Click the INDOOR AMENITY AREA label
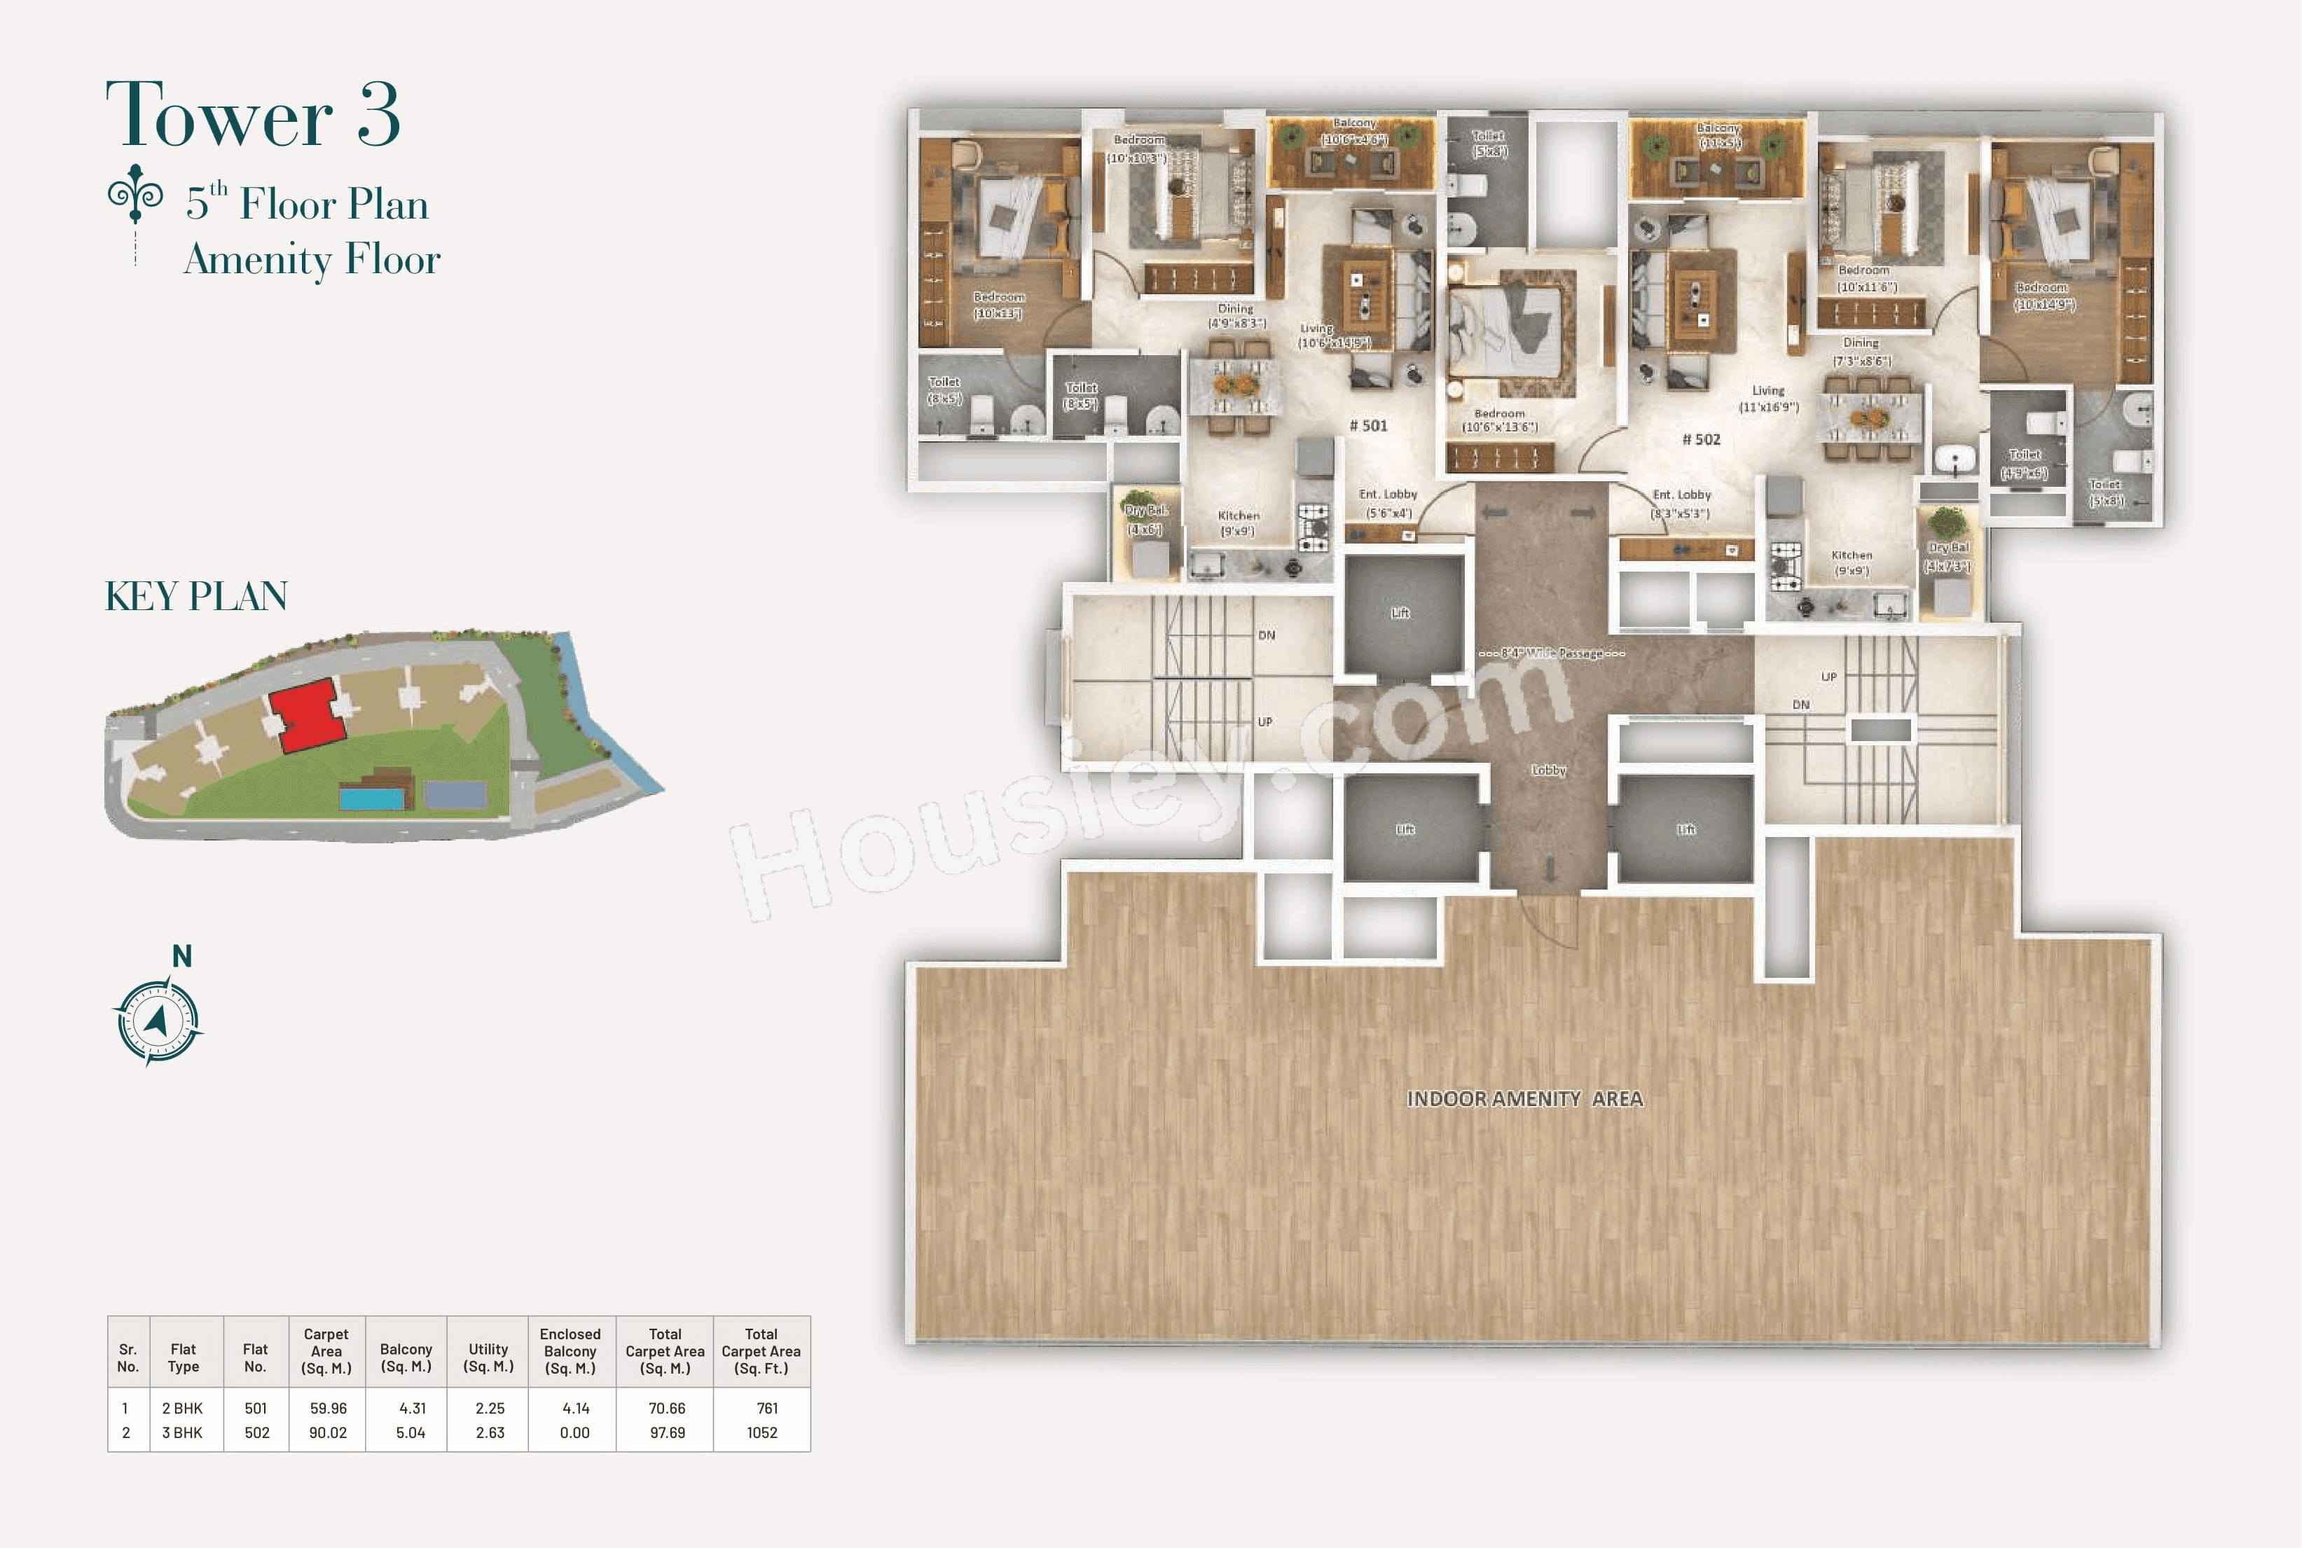(1524, 1099)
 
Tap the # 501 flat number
(1368, 425)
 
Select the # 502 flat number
(1701, 439)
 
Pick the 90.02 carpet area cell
(328, 1432)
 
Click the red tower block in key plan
(308, 713)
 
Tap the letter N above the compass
(181, 955)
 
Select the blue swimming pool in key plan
(372, 796)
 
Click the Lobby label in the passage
(1548, 770)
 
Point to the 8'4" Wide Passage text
(1551, 654)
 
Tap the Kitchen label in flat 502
(1851, 556)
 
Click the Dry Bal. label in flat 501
(1145, 511)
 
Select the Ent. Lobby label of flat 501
(1387, 495)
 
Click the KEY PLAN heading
(196, 596)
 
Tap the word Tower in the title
(219, 116)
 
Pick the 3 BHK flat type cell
(183, 1432)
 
